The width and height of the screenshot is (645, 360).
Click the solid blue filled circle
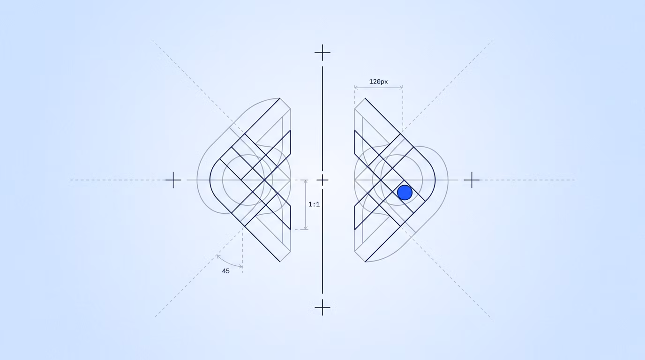point(405,192)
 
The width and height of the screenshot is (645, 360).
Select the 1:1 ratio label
point(314,204)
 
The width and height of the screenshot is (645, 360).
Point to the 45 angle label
point(226,271)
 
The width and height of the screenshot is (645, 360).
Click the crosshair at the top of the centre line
point(322,52)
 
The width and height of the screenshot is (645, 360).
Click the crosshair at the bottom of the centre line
point(322,307)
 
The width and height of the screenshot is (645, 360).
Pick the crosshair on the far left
point(173,180)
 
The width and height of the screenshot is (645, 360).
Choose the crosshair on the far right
point(472,180)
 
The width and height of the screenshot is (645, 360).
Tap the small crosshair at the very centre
point(322,180)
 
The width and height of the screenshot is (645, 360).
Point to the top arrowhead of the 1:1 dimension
point(306,182)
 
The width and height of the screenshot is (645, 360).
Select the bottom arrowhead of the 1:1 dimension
point(306,228)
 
